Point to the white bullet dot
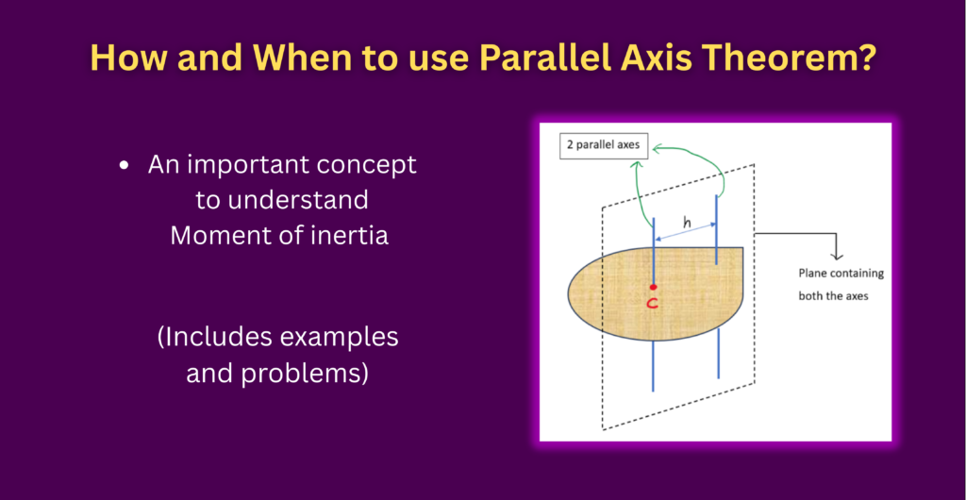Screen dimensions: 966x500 pyautogui.click(x=125, y=166)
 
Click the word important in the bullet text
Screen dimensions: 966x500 pyautogui.click(x=265, y=166)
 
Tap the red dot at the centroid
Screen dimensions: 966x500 pyautogui.click(x=653, y=287)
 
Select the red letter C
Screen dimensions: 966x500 pyautogui.click(x=654, y=303)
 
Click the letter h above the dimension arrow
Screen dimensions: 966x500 pyautogui.click(x=688, y=224)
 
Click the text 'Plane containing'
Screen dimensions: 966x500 pyautogui.click(x=841, y=274)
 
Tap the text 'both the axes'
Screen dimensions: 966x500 pyautogui.click(x=834, y=295)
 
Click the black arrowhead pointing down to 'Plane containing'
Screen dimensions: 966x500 pyautogui.click(x=837, y=256)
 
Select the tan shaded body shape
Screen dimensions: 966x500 pyautogui.click(x=656, y=293)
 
